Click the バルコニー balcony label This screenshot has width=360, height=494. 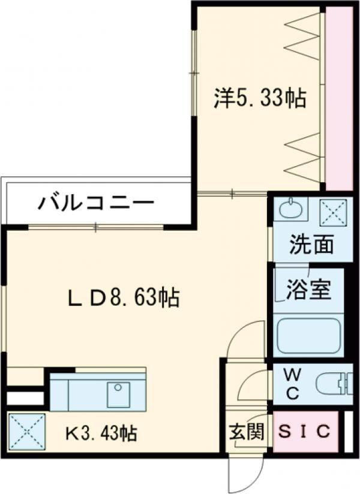(96, 204)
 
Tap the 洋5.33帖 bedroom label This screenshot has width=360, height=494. (260, 98)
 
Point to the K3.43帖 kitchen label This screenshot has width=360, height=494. (101, 432)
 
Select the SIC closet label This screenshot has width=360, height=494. (305, 432)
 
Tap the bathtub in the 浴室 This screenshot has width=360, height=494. (308, 335)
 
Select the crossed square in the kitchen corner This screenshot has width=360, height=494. (27, 431)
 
